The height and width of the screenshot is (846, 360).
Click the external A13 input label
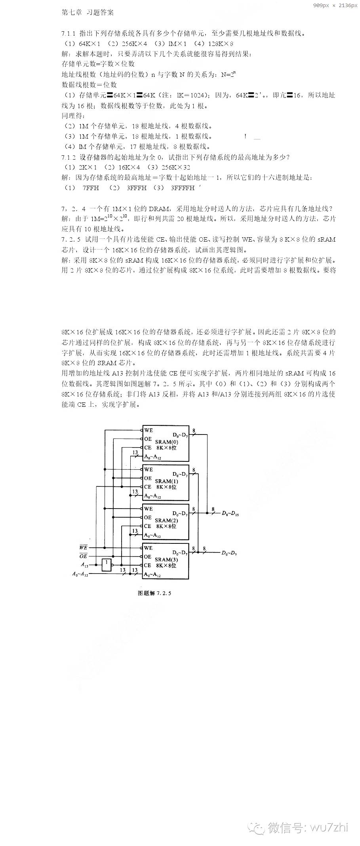tap(84, 565)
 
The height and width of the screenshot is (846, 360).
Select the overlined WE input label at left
tap(83, 548)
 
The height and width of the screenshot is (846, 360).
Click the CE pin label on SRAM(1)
tap(148, 487)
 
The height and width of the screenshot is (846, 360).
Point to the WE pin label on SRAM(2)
tap(149, 509)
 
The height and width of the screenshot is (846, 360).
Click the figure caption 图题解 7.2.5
tap(154, 593)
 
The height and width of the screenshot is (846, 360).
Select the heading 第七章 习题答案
tap(88, 13)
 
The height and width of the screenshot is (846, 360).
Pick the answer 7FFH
tap(91, 188)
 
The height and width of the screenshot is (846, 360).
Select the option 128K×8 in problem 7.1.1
tap(220, 44)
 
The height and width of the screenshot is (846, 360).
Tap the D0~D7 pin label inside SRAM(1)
tap(181, 474)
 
